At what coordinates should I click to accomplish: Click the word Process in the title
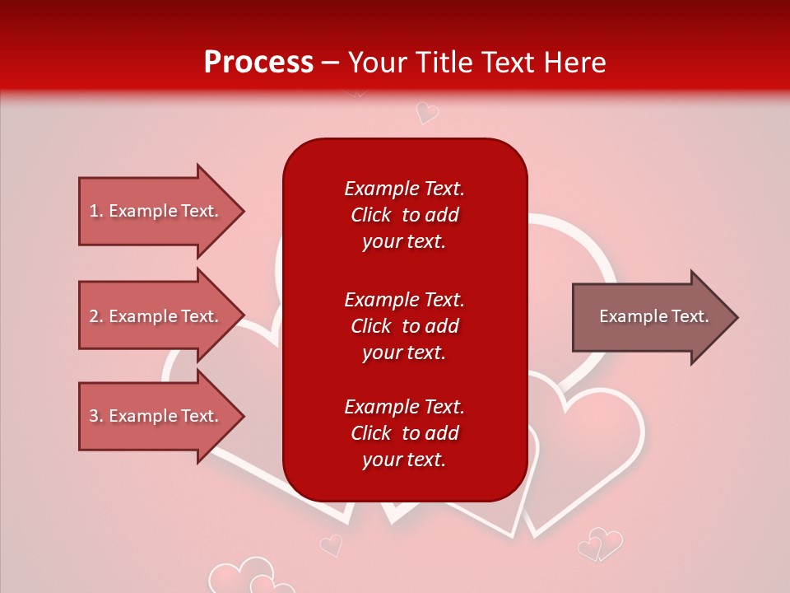(x=258, y=63)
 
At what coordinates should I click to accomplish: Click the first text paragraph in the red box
(x=404, y=215)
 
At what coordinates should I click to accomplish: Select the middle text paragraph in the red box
(x=404, y=325)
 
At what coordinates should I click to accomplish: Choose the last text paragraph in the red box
(x=404, y=433)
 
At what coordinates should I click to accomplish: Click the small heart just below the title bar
(x=426, y=112)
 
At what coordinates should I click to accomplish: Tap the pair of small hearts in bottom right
(x=600, y=544)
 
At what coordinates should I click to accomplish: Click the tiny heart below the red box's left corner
(x=331, y=544)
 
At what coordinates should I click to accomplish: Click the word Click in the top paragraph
(x=370, y=215)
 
